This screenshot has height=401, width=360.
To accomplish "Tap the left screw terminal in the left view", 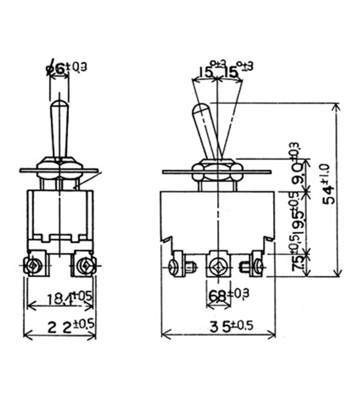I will tap(32, 265).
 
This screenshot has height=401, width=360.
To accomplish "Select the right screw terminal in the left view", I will tap(85, 265).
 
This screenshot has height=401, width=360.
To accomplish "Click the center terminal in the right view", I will tap(218, 265).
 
